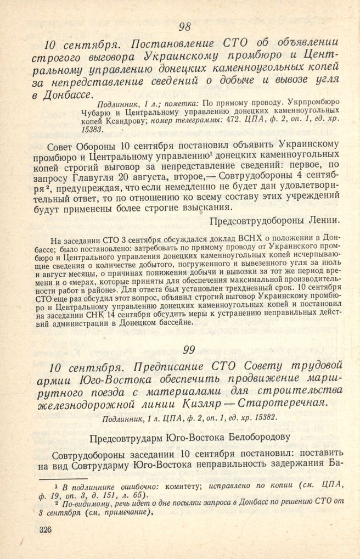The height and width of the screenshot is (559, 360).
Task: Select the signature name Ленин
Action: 324,220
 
